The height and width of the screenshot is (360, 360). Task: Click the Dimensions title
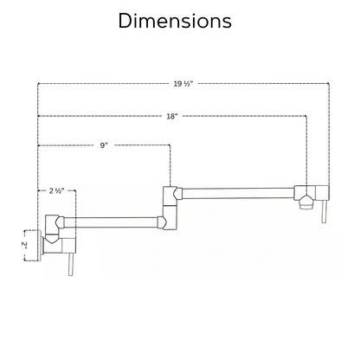pyautogui.click(x=175, y=21)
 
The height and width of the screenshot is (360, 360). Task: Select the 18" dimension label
pyautogui.click(x=172, y=116)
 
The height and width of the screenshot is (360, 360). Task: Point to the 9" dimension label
pyautogui.click(x=104, y=145)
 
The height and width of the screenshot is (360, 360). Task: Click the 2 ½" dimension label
pyautogui.click(x=56, y=190)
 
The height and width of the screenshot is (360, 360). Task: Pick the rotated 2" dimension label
pyautogui.click(x=24, y=245)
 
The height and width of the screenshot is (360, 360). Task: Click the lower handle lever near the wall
pyautogui.click(x=71, y=265)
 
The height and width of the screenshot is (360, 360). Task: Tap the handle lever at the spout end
pyautogui.click(x=325, y=211)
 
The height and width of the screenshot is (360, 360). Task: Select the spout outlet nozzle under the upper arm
pyautogui.click(x=305, y=203)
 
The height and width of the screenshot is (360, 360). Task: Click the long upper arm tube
pyautogui.click(x=238, y=194)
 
